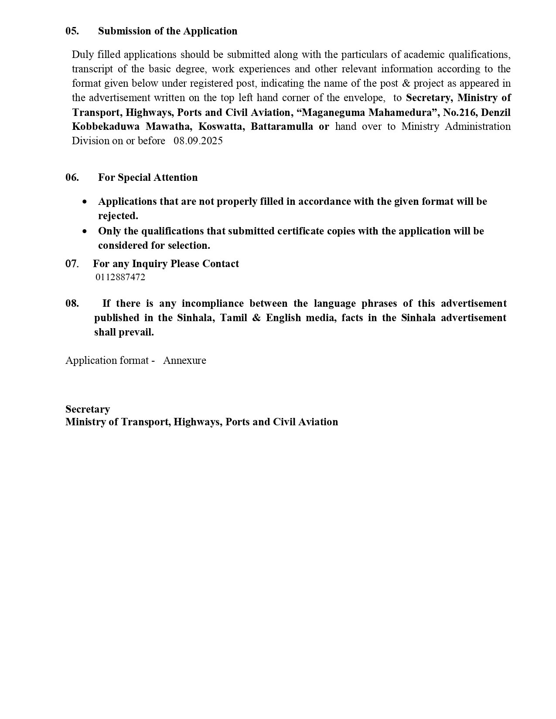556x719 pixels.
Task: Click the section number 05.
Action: (72, 31)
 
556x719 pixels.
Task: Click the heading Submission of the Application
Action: (167, 31)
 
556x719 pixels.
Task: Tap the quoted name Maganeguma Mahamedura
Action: (370, 112)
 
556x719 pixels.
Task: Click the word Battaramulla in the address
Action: (282, 126)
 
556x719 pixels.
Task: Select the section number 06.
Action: (72, 177)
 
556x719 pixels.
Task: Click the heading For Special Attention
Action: (147, 177)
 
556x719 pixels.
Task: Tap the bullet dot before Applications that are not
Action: (85, 202)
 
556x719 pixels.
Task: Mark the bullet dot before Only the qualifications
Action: (85, 231)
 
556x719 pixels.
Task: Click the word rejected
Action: (118, 216)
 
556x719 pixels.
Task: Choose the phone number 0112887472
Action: (120, 277)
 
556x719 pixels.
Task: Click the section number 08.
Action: (72, 303)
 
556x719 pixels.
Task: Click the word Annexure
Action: (184, 360)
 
